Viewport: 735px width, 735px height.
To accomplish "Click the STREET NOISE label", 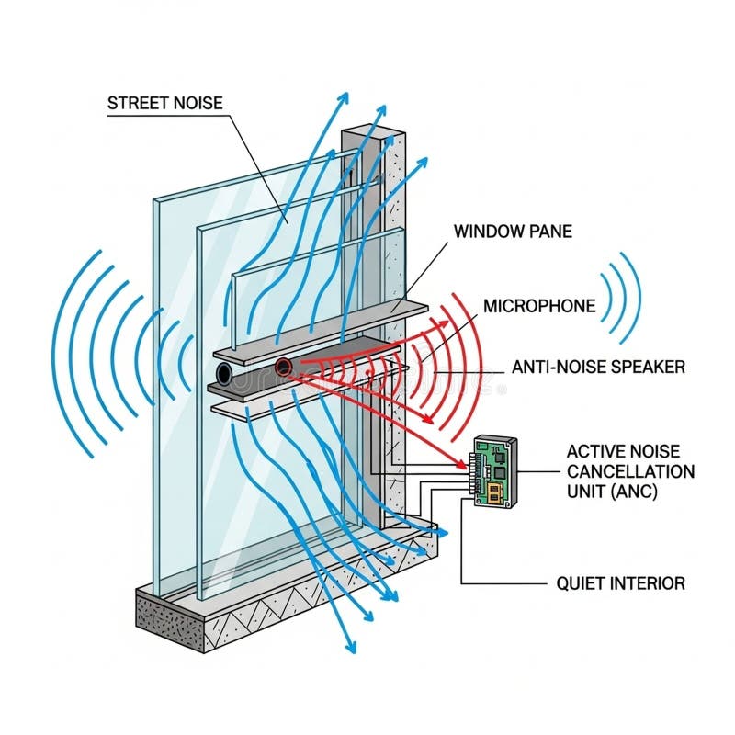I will [164, 103].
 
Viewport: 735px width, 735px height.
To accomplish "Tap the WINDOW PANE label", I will [513, 231].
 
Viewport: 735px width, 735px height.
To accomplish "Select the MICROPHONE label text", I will [539, 306].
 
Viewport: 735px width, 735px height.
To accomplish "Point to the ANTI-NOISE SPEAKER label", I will [598, 367].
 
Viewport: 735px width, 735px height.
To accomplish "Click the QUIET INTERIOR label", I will [620, 582].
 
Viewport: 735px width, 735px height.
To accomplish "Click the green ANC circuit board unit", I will [494, 471].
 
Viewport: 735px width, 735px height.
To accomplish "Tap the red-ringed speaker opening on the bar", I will [284, 367].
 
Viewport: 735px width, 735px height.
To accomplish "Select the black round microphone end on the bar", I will [224, 373].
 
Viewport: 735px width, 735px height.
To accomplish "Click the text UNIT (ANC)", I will [610, 491].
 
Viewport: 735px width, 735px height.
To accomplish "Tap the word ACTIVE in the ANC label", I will [595, 450].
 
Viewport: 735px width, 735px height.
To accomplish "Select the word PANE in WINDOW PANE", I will [550, 231].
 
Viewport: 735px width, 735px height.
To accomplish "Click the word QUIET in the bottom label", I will [578, 582].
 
